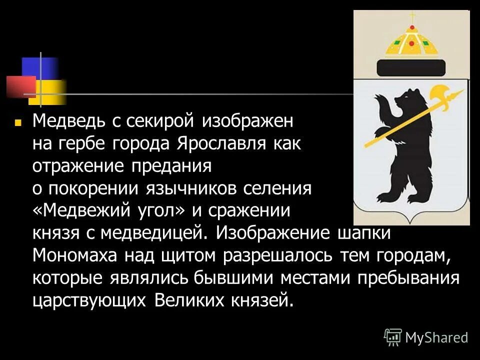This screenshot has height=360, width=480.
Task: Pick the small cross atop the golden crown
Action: click(412, 18)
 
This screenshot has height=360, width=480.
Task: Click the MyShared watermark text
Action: click(436, 337)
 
